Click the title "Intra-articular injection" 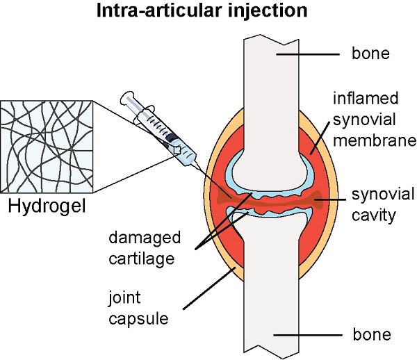pos(202,11)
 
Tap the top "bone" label pos(370,54)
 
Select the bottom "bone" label pos(372,334)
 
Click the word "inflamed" pos(366,98)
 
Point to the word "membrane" pos(375,140)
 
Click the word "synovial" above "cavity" pos(383,195)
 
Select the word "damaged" pos(145,238)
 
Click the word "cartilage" pos(142,259)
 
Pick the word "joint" pos(124,297)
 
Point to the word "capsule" pos(138,319)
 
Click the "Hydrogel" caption pos(47,206)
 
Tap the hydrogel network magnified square pos(47,147)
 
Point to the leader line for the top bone pos(308,54)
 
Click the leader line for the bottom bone pos(308,335)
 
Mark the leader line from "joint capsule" pos(210,288)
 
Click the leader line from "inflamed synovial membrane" pos(320,138)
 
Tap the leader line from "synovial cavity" pos(330,199)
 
